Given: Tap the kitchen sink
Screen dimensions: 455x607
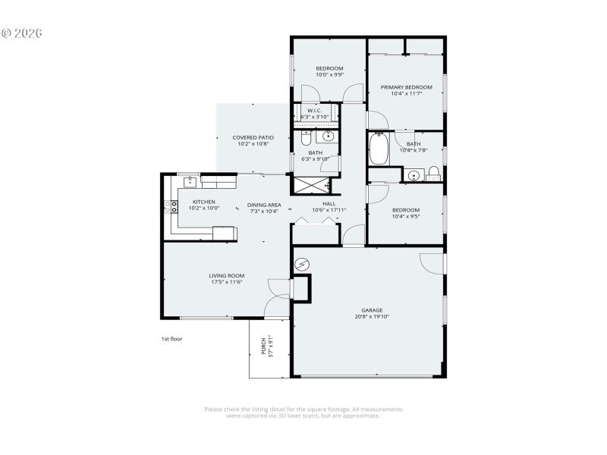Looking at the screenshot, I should coord(190,182).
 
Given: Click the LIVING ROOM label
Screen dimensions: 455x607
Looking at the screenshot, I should coord(226,275).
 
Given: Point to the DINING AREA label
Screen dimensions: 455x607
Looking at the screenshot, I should coord(264,205).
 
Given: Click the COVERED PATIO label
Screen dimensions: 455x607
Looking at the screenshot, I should coord(253,137).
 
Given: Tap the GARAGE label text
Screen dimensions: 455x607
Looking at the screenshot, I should coord(372,310).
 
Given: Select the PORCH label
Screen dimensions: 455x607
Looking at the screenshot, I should coord(264,346).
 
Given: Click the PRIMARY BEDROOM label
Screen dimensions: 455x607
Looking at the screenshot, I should coord(406,87).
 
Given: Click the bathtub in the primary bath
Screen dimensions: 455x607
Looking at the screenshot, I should coord(378,149).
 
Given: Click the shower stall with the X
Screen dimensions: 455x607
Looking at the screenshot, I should coord(312,185).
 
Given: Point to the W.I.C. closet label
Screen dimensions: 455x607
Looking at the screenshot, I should coord(315,111).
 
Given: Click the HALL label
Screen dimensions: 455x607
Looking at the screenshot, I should coord(329,203).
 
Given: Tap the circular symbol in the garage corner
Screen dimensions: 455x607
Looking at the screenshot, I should coord(302,264).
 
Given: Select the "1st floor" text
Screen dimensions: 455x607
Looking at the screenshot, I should coord(171,339).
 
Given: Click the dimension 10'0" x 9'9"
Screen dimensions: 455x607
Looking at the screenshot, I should coord(330,75).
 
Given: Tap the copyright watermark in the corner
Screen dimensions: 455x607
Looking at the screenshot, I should coord(22,33).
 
